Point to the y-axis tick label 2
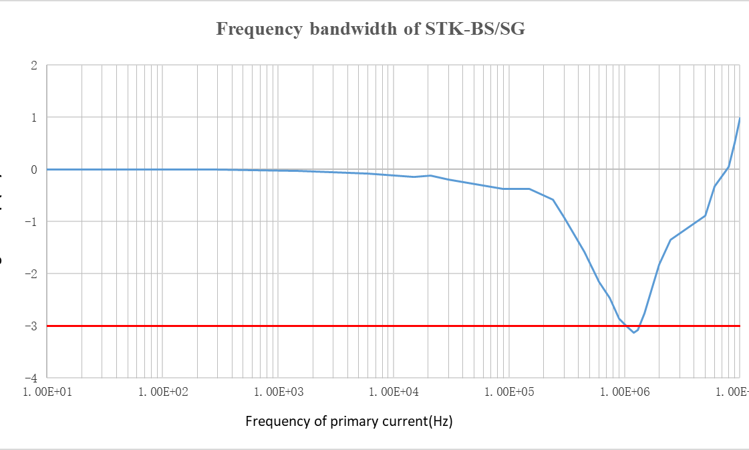click(33, 66)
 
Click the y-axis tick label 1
click(33, 118)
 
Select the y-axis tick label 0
click(33, 170)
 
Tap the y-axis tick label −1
click(30, 222)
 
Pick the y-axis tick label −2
click(30, 274)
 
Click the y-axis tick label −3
click(30, 326)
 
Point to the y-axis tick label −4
click(30, 378)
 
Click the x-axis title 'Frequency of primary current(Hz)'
click(349, 422)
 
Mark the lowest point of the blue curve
click(634, 332)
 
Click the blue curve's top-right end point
click(740, 118)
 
